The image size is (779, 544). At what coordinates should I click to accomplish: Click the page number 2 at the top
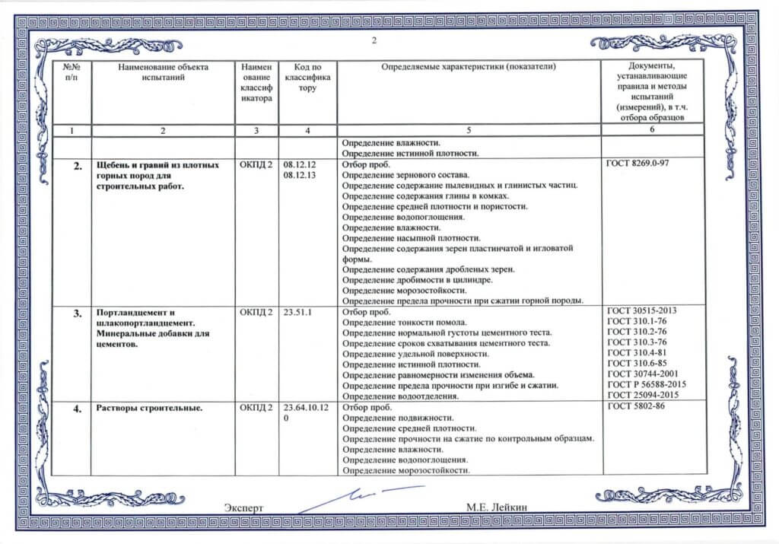click(374, 40)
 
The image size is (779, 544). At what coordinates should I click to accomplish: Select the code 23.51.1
click(299, 312)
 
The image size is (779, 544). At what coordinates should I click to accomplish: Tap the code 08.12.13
click(299, 175)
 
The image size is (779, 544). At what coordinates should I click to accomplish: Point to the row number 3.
click(77, 313)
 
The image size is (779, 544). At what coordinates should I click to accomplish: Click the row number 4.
click(77, 409)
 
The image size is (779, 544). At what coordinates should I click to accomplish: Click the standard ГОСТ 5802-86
click(636, 408)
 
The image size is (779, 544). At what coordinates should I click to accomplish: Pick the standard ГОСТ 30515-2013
click(641, 311)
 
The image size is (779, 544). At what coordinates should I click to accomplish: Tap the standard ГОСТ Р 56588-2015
click(644, 386)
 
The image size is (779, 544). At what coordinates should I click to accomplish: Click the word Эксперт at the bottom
click(243, 507)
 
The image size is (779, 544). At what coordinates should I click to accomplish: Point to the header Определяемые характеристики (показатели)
click(469, 67)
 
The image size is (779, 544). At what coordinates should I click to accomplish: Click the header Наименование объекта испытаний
click(163, 72)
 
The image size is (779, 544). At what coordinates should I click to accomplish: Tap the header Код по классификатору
click(307, 78)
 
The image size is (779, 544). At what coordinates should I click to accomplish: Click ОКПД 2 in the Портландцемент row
click(255, 312)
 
